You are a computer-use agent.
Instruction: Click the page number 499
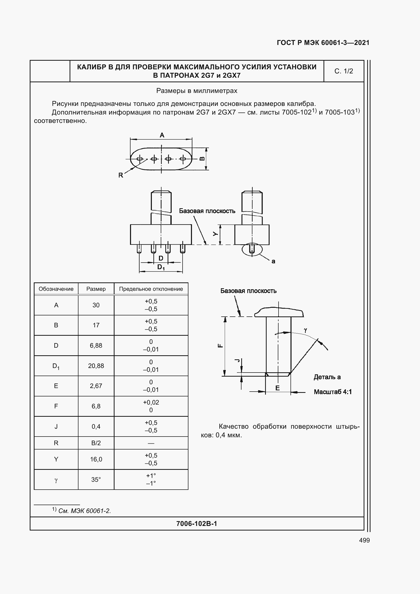click(x=364, y=540)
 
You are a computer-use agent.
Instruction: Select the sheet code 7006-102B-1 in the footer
click(x=197, y=524)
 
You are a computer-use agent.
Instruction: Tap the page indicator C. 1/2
click(x=344, y=71)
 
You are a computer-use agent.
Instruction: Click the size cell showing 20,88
click(x=96, y=366)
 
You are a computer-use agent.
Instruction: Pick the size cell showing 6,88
click(x=96, y=345)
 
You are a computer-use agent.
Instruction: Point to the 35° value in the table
click(x=96, y=479)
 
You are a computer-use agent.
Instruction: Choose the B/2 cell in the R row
click(x=96, y=443)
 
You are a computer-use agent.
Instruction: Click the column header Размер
click(x=96, y=289)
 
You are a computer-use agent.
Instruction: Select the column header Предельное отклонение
click(x=151, y=289)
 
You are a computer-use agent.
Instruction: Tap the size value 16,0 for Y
click(x=96, y=459)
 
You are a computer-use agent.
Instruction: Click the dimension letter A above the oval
click(x=162, y=135)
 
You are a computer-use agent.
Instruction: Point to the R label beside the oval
click(x=121, y=175)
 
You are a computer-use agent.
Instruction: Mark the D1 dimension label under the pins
click(x=161, y=267)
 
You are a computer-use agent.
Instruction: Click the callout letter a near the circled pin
click(x=273, y=261)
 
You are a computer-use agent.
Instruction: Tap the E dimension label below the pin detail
click(x=278, y=388)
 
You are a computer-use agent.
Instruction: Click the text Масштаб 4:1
click(x=333, y=392)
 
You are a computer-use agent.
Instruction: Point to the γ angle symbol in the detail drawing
click(x=305, y=330)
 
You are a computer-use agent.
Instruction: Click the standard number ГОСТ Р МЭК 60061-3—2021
click(x=323, y=43)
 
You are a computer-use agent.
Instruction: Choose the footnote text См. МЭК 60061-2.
click(x=85, y=511)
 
